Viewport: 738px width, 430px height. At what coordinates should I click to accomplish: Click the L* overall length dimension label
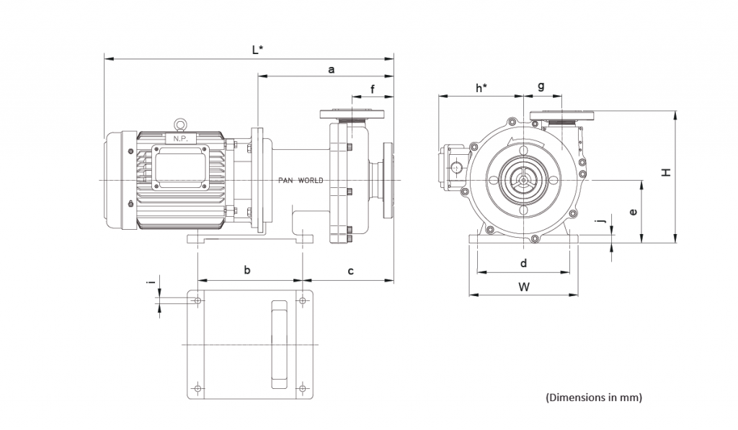pos(257,50)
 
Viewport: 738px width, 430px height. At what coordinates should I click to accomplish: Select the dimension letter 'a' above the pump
pos(332,70)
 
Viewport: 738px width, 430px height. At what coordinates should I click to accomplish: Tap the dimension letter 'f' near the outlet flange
pos(373,89)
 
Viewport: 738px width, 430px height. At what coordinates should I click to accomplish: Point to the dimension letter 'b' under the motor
pos(247,271)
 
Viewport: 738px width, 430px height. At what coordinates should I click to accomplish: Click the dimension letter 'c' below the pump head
pos(351,271)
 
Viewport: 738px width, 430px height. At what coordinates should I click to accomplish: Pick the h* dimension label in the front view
pos(481,88)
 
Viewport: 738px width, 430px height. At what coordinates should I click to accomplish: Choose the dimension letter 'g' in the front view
pos(541,86)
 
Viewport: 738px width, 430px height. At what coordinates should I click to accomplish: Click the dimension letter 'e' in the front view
pos(633,212)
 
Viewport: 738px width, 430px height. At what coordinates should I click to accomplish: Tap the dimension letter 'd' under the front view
pos(524,263)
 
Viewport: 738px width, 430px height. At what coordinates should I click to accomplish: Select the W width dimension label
pos(524,287)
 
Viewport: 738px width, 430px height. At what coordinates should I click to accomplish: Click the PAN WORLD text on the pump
pos(301,180)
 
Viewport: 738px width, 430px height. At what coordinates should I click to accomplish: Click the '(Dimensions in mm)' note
pos(593,397)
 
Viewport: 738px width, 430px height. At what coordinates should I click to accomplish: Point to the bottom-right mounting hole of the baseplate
pos(303,389)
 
